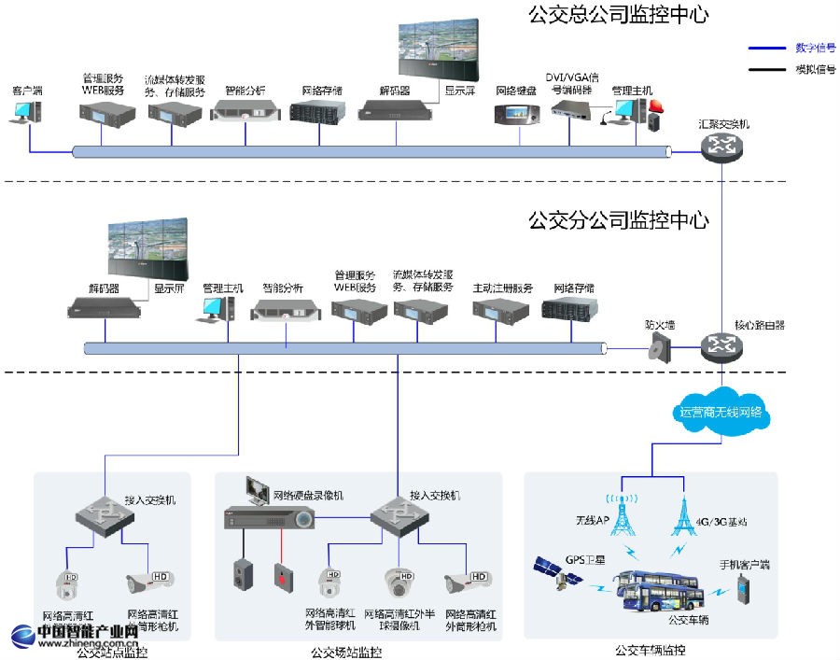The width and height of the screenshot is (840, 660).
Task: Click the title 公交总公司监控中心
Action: tap(619, 15)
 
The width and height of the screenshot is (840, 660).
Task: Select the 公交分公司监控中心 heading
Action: tap(619, 221)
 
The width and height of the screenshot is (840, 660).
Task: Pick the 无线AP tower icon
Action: tap(623, 510)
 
